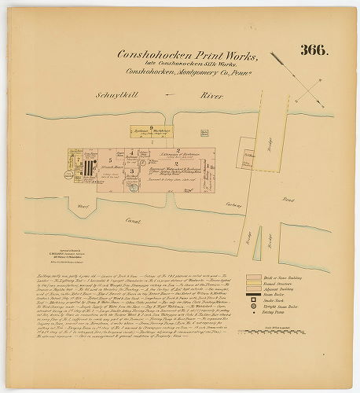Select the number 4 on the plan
click(132, 149)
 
